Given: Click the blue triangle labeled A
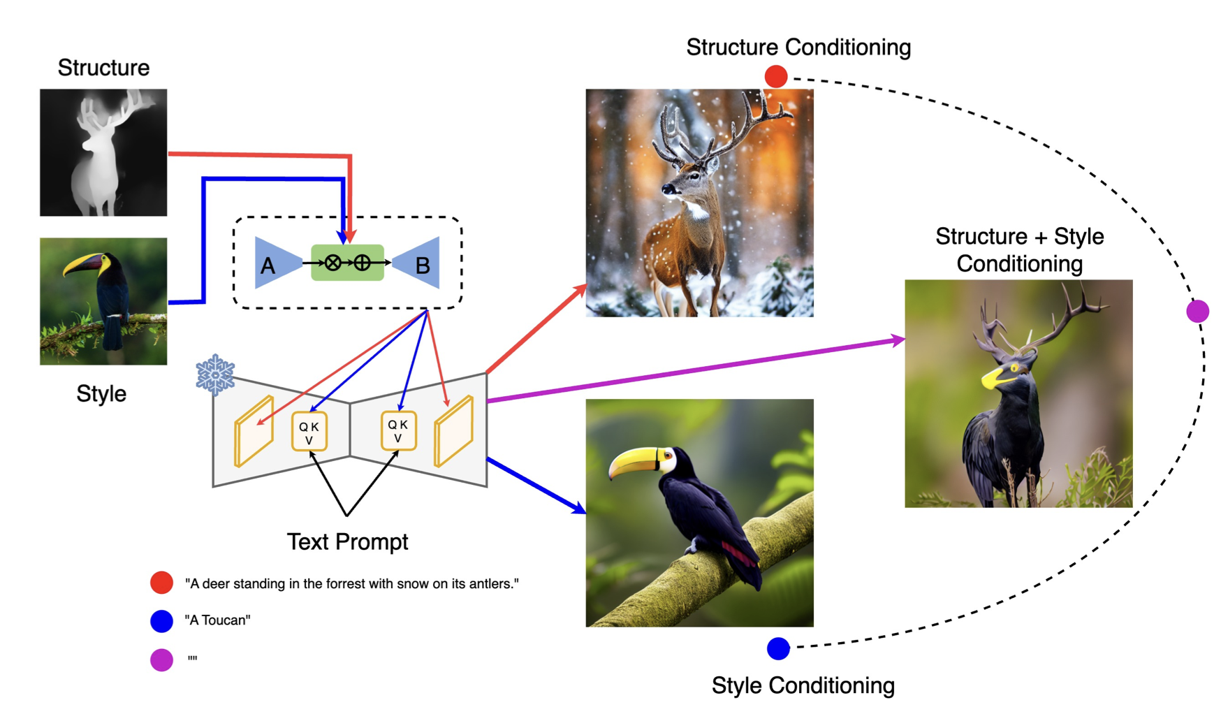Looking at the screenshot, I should (x=275, y=263).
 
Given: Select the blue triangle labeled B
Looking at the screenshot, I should (x=420, y=263).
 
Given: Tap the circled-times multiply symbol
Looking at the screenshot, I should (x=333, y=263).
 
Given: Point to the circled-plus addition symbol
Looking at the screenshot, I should (x=362, y=263).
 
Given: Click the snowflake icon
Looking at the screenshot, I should (x=215, y=374).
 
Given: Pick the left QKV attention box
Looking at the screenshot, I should (x=309, y=432).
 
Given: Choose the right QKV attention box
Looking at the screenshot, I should (x=398, y=430).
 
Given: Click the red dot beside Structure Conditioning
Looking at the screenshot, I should (x=775, y=76).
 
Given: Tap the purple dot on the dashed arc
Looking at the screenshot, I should (x=1197, y=311).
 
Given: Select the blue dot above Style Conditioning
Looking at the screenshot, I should (x=778, y=648).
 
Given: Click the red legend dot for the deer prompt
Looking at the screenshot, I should (x=161, y=583).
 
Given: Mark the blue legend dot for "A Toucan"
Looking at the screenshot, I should (x=161, y=620).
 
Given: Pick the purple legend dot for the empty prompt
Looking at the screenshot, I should (x=161, y=659).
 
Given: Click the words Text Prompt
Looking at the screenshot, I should (x=347, y=541).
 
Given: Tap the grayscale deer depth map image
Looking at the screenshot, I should (x=103, y=152).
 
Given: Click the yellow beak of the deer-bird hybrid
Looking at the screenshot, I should (x=995, y=378).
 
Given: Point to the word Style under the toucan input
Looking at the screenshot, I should (x=101, y=393).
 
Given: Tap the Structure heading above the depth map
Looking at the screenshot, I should (x=103, y=68).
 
